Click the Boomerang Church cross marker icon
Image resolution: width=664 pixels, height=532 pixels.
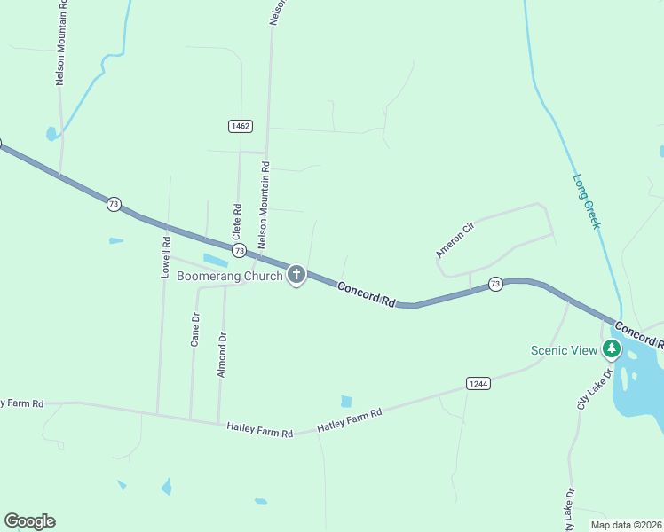click(x=296, y=275)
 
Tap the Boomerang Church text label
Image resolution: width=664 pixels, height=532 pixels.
click(x=229, y=276)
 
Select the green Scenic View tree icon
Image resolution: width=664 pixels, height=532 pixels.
click(x=611, y=348)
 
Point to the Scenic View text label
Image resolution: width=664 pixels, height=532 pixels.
click(x=565, y=349)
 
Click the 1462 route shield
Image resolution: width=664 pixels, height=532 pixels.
click(x=240, y=126)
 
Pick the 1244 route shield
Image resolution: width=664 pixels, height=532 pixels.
click(x=478, y=383)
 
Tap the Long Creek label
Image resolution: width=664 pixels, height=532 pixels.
click(x=586, y=201)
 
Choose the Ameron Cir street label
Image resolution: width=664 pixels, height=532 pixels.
click(x=455, y=240)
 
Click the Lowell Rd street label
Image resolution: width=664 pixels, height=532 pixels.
click(x=166, y=257)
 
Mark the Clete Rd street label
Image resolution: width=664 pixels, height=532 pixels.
click(x=237, y=223)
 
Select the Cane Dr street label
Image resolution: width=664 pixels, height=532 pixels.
click(x=195, y=328)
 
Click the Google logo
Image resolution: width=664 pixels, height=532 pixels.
click(x=29, y=521)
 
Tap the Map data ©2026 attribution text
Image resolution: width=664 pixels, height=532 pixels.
click(x=625, y=524)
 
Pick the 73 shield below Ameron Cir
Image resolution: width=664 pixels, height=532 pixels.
click(x=495, y=284)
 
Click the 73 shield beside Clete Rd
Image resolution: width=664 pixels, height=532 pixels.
click(x=239, y=252)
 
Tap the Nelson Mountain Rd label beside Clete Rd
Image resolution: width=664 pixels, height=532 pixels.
click(x=263, y=204)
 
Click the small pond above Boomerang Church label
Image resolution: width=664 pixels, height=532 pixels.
click(x=215, y=260)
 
